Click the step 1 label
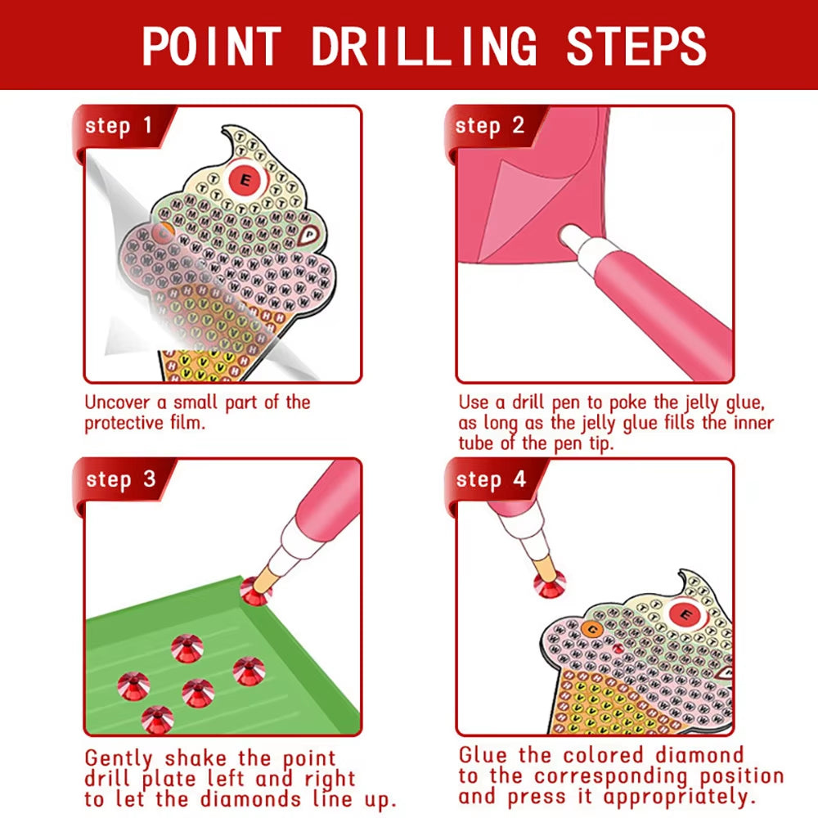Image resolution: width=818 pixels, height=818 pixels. click(x=119, y=126)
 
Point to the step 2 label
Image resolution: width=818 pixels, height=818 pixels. click(x=489, y=126)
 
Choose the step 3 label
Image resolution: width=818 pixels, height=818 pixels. click(x=120, y=479)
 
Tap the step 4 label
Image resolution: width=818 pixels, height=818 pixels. click(x=490, y=479)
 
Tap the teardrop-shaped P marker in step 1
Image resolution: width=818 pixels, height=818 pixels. click(x=310, y=235)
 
